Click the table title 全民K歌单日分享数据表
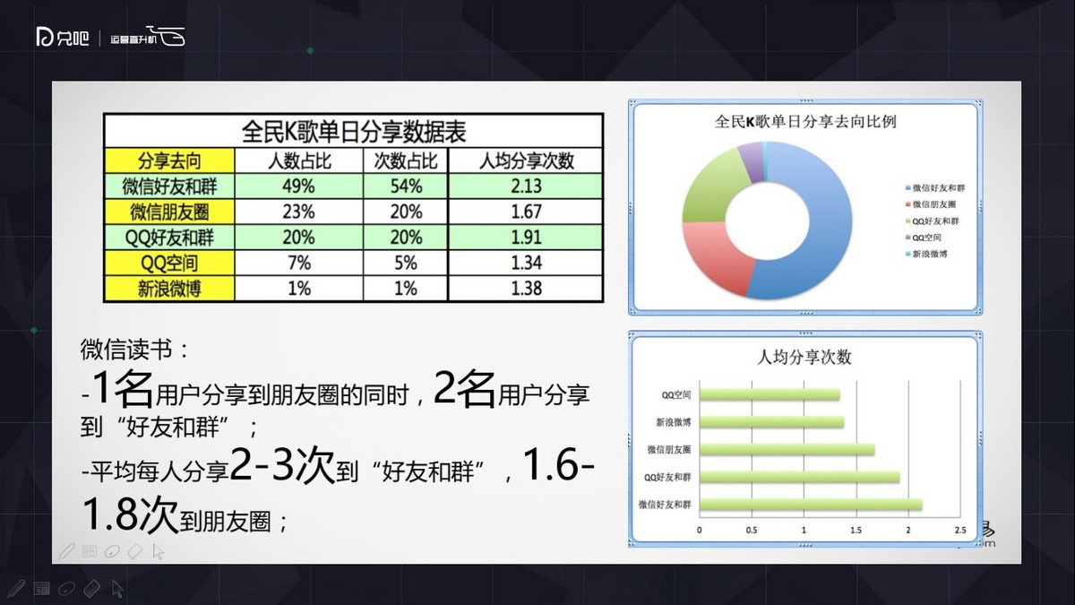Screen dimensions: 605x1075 (354, 131)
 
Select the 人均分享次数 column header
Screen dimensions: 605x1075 (526, 161)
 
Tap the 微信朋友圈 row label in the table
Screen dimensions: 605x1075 (170, 212)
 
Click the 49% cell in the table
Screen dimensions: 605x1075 (298, 186)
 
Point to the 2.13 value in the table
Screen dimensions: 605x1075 (526, 186)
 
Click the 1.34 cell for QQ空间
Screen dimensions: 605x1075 (526, 264)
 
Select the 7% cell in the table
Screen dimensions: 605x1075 (298, 264)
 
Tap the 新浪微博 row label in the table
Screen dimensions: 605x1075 (170, 289)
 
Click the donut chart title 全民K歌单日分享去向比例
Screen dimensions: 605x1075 (806, 121)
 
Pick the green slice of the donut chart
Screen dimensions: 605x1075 (708, 188)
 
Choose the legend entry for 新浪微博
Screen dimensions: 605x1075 (931, 254)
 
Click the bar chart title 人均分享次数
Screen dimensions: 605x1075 (804, 358)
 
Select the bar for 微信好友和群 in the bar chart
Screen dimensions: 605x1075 (810, 506)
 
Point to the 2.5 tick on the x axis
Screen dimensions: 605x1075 (960, 532)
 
